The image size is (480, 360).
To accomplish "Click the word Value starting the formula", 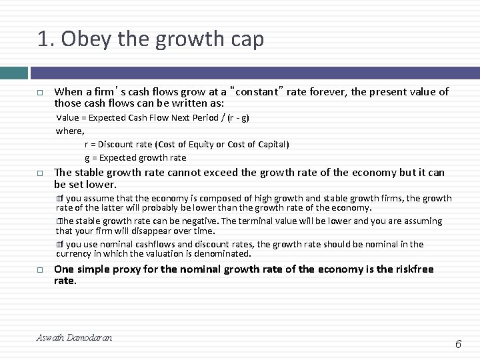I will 69,118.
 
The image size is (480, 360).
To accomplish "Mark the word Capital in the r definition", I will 269,145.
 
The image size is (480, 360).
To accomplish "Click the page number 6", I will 458,344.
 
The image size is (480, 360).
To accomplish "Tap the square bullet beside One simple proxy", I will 41,269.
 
